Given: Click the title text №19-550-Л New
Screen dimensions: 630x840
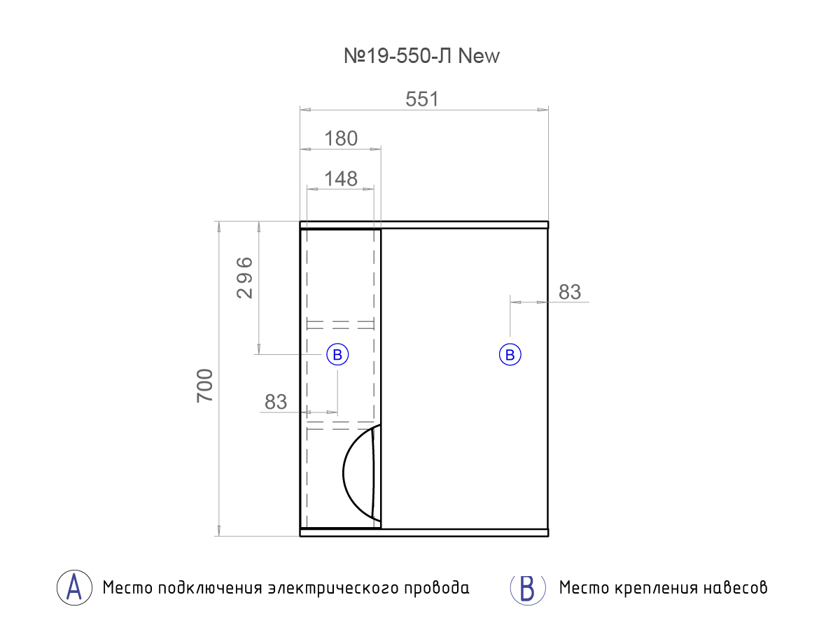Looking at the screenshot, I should [421, 57].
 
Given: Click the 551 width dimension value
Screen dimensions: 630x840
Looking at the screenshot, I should [422, 99].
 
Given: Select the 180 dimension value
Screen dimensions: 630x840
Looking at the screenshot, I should [341, 139].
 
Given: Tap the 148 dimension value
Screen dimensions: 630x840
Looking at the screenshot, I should [341, 179].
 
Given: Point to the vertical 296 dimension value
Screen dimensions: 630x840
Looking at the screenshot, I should [244, 278].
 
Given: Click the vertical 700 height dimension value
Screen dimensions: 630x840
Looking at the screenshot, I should [204, 385].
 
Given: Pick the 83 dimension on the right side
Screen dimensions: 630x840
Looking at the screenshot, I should [570, 292].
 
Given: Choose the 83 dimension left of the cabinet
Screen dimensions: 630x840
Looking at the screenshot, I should [276, 402].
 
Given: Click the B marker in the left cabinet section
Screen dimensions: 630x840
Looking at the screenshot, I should [337, 355].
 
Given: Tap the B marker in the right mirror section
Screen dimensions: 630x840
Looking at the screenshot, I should [510, 355].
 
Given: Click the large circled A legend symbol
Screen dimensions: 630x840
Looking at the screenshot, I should [74, 587].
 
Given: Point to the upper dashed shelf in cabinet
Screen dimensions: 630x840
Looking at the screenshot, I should [340, 324].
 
